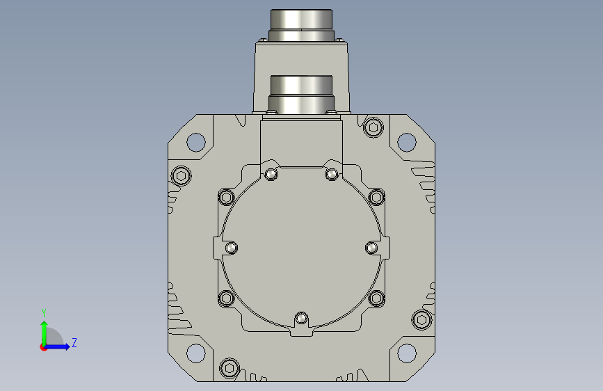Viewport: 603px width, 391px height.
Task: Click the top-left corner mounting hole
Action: click(x=195, y=142)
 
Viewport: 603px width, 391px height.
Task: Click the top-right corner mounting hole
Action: click(x=406, y=142)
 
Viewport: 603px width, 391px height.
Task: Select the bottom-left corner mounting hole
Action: click(x=195, y=353)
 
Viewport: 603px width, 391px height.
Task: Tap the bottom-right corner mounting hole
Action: click(x=406, y=353)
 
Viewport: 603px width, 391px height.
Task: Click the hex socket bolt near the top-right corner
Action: click(x=373, y=127)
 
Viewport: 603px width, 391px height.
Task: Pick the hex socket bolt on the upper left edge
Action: click(x=181, y=176)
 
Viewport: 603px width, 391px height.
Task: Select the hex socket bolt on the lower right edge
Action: click(x=421, y=320)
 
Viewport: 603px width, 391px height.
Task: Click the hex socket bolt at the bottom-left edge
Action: click(x=230, y=368)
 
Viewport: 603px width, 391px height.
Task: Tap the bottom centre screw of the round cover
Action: click(x=301, y=319)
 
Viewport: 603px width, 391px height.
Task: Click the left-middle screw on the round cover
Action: click(x=231, y=248)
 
